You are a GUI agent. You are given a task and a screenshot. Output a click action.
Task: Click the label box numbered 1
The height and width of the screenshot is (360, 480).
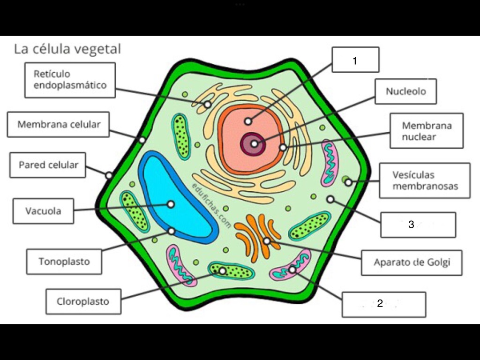[x=355, y=60]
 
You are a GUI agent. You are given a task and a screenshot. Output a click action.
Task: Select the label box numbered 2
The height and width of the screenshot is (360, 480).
[x=383, y=304]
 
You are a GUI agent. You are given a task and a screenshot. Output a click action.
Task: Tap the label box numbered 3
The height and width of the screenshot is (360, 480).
[x=418, y=225]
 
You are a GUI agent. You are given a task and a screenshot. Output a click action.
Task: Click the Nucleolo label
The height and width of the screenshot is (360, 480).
[x=405, y=91]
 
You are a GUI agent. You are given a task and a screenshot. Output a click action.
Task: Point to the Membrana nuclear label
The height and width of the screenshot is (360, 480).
[x=427, y=131]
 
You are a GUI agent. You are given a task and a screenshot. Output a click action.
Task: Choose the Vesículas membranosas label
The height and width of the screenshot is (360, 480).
[x=425, y=180]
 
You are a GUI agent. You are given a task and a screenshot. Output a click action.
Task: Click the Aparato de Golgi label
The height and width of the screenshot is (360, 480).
[x=412, y=262]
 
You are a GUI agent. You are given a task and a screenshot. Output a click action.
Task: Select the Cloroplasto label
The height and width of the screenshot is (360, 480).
[x=83, y=301]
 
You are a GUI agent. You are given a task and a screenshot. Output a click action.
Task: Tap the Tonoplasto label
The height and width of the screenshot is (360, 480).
[x=64, y=262]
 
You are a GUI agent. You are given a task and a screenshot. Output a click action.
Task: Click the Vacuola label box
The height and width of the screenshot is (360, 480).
[x=43, y=211]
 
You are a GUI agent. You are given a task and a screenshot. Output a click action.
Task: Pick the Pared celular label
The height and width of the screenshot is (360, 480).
[x=48, y=165]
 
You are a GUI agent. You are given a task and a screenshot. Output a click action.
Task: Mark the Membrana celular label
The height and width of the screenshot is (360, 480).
[x=58, y=124]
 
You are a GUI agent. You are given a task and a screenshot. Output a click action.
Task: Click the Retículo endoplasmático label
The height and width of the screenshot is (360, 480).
[x=70, y=80]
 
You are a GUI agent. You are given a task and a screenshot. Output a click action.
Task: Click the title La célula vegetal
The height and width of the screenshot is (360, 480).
[x=67, y=49]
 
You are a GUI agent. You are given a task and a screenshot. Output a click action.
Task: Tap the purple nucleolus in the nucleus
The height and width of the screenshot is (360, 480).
[x=253, y=143]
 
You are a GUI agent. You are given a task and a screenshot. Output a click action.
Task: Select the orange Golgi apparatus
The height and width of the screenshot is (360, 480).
[x=258, y=237]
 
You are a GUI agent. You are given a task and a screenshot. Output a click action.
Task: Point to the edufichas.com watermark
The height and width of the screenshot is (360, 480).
[x=211, y=205]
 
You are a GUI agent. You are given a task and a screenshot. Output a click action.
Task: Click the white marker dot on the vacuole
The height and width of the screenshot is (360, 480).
[x=171, y=204]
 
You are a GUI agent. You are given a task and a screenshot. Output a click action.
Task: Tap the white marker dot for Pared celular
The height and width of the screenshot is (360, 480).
[x=109, y=175]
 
